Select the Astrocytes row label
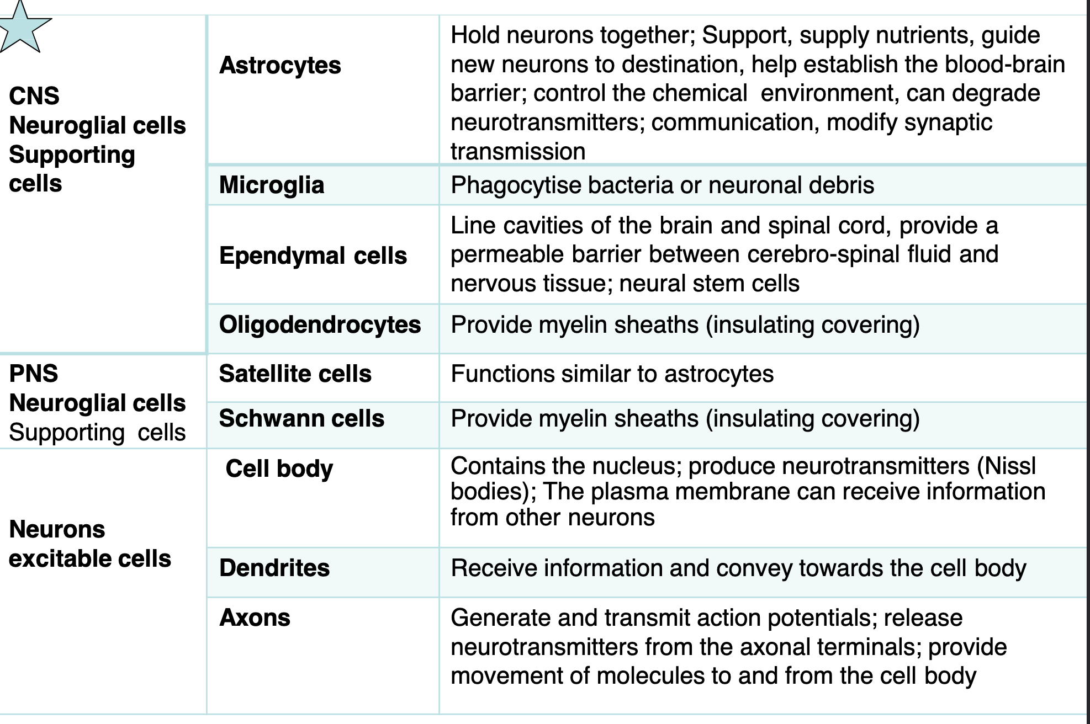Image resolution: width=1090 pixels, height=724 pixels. [280, 66]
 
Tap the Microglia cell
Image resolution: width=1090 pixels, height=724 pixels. [271, 185]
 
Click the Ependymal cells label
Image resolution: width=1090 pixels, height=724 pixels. [313, 256]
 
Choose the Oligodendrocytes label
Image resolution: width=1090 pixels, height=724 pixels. [320, 325]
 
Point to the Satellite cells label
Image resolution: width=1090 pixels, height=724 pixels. [295, 374]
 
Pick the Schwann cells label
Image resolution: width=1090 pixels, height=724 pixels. [301, 418]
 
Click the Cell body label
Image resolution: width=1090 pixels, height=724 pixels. [279, 469]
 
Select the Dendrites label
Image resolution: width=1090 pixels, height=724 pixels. [274, 568]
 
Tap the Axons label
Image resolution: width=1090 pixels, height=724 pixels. [255, 617]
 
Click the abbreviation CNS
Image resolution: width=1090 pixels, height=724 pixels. [34, 96]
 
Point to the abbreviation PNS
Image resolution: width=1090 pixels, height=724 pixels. [34, 374]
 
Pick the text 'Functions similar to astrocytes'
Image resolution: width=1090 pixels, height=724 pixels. [612, 374]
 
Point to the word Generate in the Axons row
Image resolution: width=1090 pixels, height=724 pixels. [501, 617]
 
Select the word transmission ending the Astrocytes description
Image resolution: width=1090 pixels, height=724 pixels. [518, 151]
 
